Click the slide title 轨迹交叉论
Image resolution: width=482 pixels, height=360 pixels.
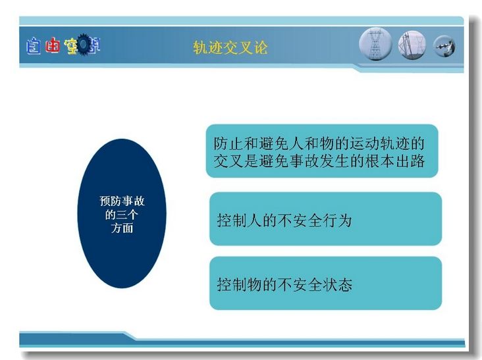(230, 47)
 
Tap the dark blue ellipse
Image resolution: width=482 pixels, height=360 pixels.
(122, 213)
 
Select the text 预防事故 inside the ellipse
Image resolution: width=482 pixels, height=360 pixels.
(122, 201)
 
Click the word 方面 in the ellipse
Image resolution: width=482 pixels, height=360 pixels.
(122, 228)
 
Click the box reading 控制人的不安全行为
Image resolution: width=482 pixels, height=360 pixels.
(325, 219)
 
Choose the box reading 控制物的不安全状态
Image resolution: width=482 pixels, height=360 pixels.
(325, 283)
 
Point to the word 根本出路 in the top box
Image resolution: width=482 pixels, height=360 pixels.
(395, 161)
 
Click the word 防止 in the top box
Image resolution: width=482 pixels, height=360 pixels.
(228, 143)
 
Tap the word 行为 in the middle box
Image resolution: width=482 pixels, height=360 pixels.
(337, 220)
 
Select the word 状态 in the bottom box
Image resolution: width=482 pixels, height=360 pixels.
(337, 284)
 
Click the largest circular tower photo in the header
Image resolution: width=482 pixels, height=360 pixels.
(375, 44)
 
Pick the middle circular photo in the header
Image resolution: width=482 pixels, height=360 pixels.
(412, 45)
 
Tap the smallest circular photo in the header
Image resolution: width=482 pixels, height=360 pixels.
(444, 46)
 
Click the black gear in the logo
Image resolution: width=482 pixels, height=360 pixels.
(84, 45)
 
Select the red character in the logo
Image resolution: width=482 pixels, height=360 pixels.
(52, 46)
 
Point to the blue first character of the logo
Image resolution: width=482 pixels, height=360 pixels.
(33, 46)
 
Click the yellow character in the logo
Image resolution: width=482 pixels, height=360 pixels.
(71, 46)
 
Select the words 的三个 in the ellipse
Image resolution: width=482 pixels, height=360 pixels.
(122, 215)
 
